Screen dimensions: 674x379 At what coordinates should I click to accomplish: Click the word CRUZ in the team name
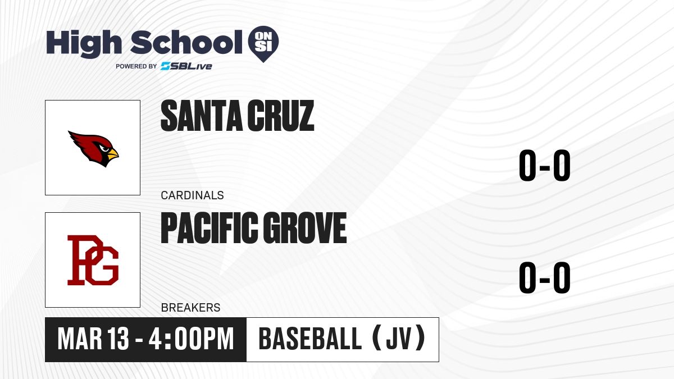[281, 116]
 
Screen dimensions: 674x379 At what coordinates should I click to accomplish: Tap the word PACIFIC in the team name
[210, 228]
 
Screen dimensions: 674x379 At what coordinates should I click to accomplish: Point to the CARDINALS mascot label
[192, 195]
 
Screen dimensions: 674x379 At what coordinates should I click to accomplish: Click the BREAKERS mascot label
[190, 308]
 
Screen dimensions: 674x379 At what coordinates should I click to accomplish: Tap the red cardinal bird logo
[93, 149]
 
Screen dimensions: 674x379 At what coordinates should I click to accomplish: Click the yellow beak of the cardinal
[113, 154]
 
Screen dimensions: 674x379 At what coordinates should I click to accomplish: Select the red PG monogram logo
[93, 260]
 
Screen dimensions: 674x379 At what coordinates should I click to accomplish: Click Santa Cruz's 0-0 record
[545, 166]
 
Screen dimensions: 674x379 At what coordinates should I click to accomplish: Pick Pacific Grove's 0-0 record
[545, 277]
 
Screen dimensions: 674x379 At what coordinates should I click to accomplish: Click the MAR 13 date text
[93, 339]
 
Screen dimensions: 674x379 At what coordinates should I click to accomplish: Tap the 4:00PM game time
[191, 339]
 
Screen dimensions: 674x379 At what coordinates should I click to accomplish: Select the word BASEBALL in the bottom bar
[310, 339]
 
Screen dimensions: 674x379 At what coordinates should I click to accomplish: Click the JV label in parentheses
[399, 339]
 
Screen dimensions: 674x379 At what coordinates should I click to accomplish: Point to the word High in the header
[84, 43]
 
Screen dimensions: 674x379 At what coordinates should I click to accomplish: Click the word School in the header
[186, 42]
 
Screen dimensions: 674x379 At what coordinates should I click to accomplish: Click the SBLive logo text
[186, 66]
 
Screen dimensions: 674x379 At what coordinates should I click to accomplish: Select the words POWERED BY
[136, 66]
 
